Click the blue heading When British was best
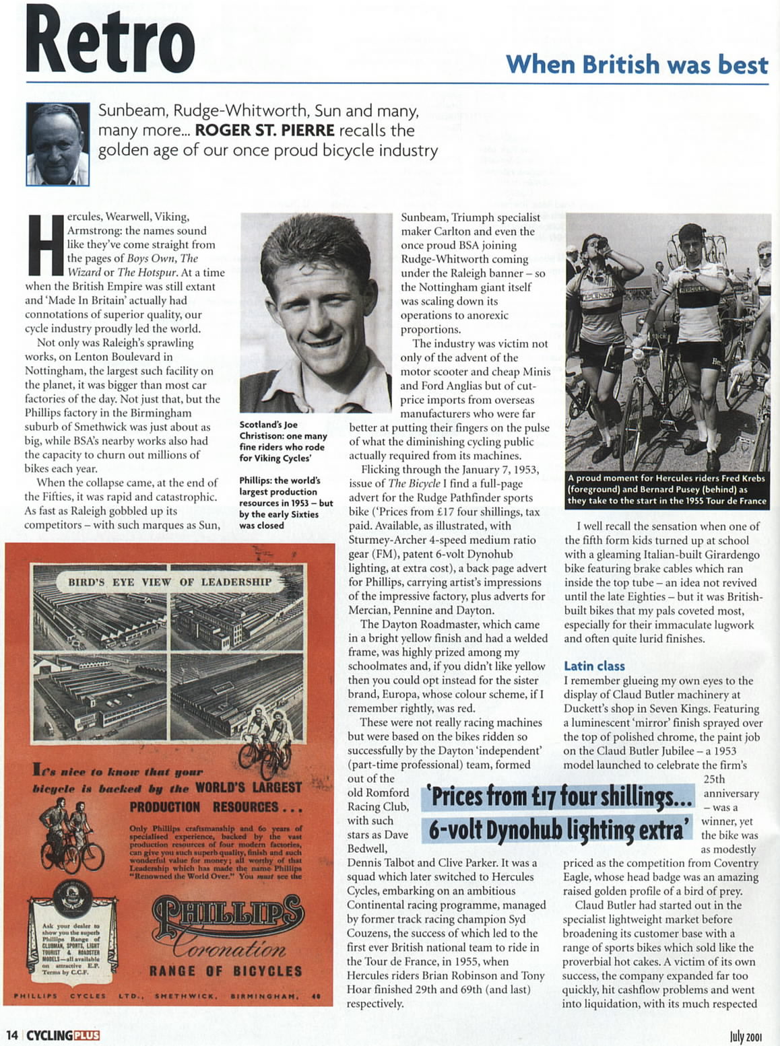[637, 65]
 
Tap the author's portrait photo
[58, 143]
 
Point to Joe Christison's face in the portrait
[316, 309]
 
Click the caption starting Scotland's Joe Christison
[283, 441]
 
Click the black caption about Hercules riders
[667, 489]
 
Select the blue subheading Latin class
[594, 666]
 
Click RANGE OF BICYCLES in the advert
[226, 971]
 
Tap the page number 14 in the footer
[11, 1035]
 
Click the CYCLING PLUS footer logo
[63, 1035]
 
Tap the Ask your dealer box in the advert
[71, 938]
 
